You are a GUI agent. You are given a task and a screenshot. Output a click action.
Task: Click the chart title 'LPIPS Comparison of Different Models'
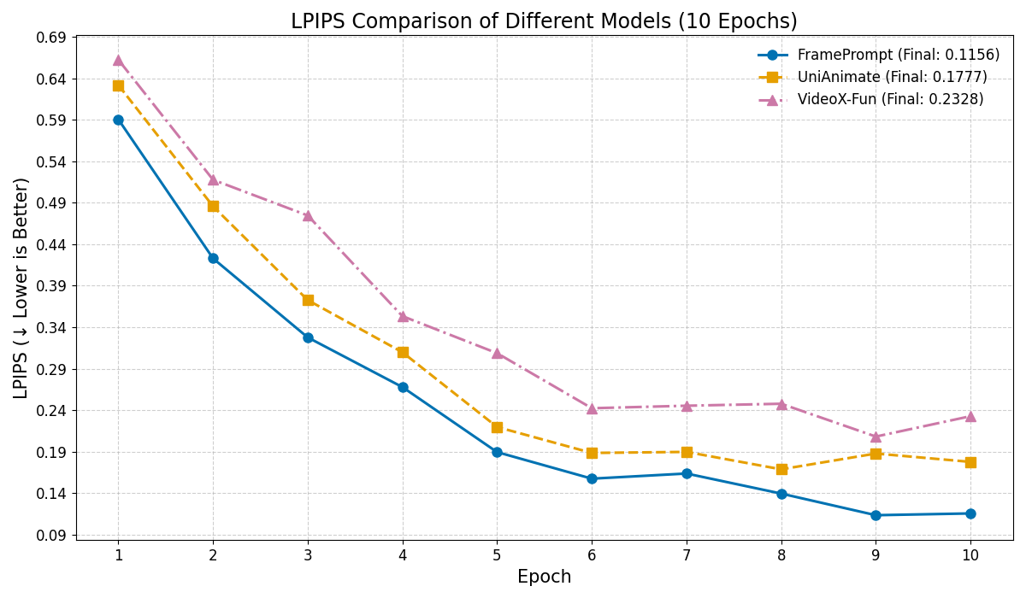[544, 21]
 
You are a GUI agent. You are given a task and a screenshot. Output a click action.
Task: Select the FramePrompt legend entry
[898, 56]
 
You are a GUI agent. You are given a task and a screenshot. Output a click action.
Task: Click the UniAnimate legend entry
[892, 78]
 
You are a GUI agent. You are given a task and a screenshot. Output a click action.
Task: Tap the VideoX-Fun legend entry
[890, 100]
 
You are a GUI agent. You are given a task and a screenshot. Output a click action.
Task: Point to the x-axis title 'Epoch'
[544, 577]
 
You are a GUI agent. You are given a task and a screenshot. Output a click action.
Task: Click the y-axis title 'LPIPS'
[21, 288]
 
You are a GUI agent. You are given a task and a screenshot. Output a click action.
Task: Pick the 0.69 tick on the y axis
[51, 38]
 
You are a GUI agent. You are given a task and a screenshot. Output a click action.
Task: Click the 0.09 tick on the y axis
[51, 536]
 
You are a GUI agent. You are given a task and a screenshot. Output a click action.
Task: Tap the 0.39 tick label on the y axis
[51, 286]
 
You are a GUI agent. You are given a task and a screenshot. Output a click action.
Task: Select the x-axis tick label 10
[970, 555]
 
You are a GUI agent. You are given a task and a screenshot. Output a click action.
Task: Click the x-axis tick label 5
[497, 555]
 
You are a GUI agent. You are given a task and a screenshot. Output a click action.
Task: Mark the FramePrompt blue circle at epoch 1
[118, 120]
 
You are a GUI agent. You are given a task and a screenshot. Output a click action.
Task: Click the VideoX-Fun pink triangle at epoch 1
[118, 61]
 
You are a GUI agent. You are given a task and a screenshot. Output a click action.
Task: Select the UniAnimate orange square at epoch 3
[308, 300]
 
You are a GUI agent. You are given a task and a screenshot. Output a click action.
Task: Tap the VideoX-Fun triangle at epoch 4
[403, 317]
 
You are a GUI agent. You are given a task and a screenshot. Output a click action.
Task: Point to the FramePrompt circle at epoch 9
[876, 515]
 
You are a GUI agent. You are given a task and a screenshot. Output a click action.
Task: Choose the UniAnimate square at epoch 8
[781, 469]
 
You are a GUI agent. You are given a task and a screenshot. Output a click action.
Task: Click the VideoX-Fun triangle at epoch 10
[970, 417]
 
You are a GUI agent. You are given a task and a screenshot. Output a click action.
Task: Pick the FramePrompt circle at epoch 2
[213, 258]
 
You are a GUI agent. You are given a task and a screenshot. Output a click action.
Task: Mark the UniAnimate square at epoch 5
[497, 427]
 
